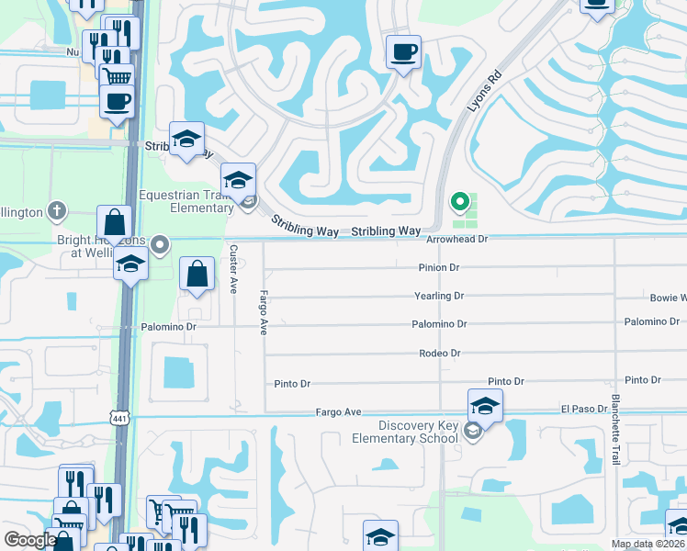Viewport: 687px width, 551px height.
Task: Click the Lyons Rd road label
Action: (x=484, y=91)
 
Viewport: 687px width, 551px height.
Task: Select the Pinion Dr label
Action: (x=438, y=267)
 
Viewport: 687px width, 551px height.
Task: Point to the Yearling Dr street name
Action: (x=440, y=296)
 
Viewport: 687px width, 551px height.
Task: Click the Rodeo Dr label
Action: (x=439, y=353)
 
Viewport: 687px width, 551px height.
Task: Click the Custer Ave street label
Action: (x=234, y=269)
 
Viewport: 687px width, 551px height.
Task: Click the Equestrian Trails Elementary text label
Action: (x=186, y=201)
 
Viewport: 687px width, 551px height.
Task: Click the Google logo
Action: (x=29, y=540)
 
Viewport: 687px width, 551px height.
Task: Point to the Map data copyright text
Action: (x=648, y=544)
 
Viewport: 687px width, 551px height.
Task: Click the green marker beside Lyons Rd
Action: (x=458, y=201)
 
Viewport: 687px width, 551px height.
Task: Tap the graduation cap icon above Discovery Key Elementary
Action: (x=485, y=404)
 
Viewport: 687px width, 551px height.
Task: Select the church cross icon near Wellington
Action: (x=58, y=211)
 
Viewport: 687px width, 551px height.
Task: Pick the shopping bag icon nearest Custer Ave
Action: (x=198, y=273)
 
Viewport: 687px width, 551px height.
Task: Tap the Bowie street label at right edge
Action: (x=668, y=298)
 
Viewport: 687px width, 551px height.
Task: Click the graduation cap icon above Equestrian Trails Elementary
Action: (x=238, y=178)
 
